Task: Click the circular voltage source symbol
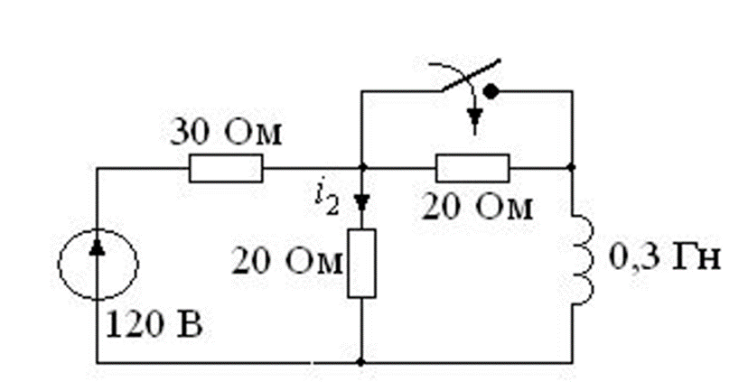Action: click(x=98, y=265)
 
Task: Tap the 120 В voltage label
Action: click(x=155, y=322)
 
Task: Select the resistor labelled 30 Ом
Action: click(x=226, y=168)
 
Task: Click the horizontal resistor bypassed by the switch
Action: click(x=472, y=168)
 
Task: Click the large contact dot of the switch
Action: click(x=491, y=91)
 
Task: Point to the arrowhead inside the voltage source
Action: click(x=98, y=247)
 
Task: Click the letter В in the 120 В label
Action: click(x=192, y=322)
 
